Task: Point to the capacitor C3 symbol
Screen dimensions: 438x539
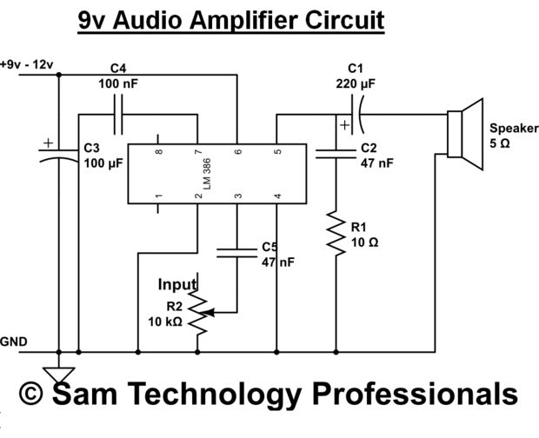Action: [x=58, y=156]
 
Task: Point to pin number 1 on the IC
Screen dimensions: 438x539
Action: [x=158, y=198]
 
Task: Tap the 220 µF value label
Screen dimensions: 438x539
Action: [x=355, y=84]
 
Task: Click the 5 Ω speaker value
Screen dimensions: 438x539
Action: [x=500, y=143]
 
